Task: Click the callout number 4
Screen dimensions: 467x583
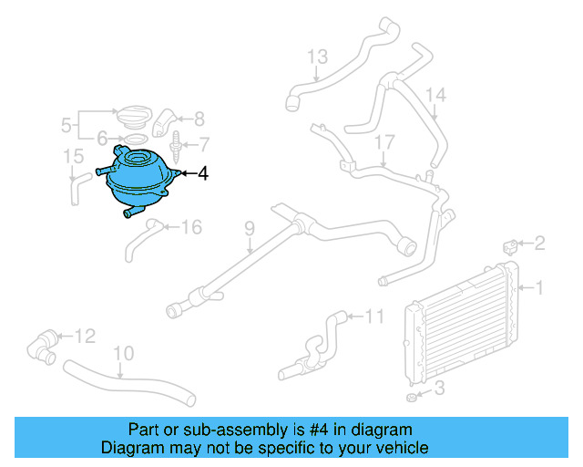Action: click(203, 172)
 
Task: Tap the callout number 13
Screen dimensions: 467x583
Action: click(316, 58)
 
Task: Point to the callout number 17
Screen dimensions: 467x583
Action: click(384, 141)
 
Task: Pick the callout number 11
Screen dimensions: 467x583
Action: click(374, 317)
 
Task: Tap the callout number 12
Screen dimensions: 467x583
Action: click(85, 337)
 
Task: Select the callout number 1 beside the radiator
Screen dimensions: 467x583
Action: click(538, 289)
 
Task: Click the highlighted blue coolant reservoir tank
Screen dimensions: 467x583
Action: click(138, 178)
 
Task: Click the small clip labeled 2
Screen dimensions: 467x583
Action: click(512, 244)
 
